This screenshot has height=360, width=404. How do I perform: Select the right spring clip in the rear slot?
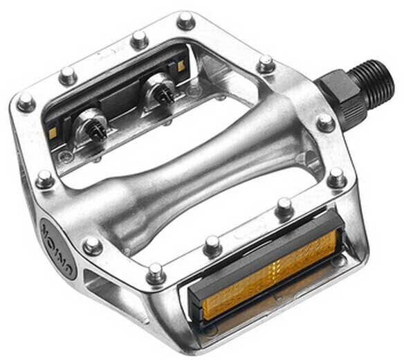click(157, 91)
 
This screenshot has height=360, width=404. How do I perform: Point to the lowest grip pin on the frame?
click(156, 273)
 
